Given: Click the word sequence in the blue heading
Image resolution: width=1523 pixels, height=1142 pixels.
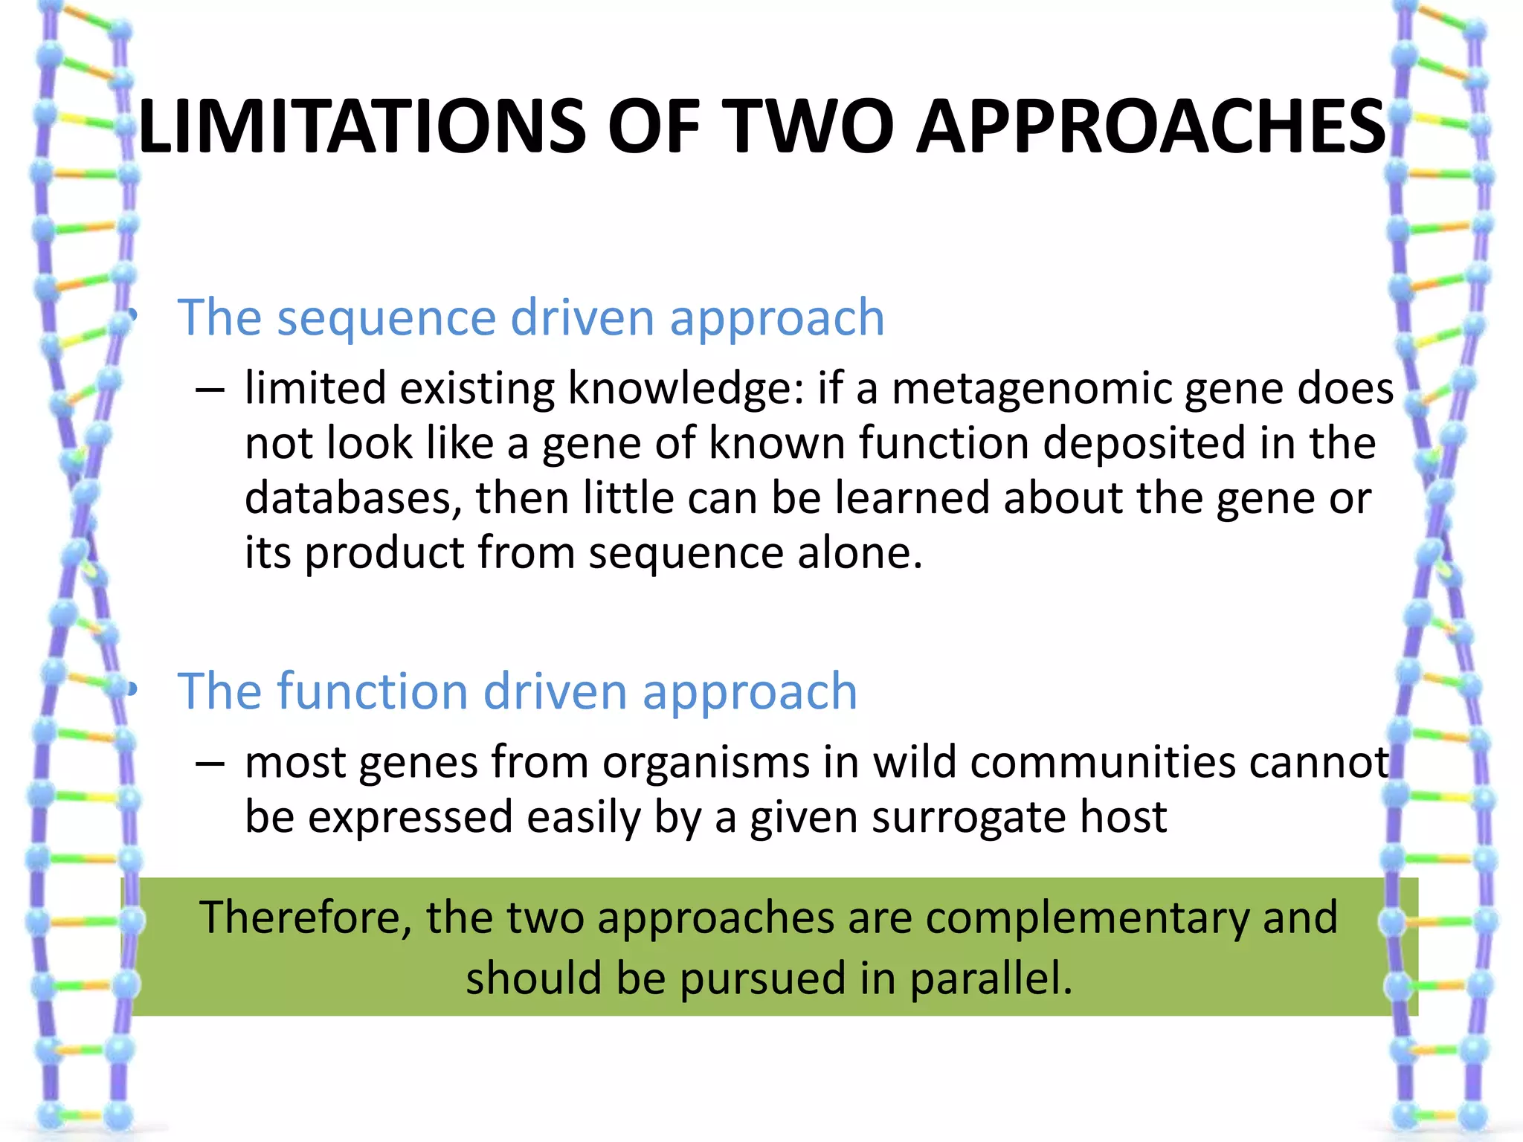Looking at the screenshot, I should (386, 318).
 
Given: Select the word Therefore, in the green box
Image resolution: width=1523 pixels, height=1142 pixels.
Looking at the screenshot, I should (306, 917).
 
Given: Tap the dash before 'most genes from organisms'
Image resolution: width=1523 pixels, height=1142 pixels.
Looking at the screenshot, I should (210, 764).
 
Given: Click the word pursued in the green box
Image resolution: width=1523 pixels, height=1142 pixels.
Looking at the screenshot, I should (762, 978).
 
